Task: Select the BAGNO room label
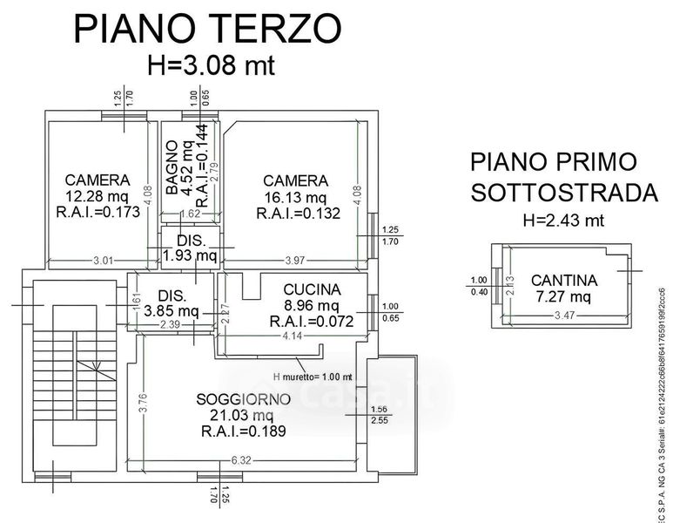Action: (x=172, y=167)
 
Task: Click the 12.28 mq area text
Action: (x=98, y=195)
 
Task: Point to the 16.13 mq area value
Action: (x=295, y=196)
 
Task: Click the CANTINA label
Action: (x=564, y=281)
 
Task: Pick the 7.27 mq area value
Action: (x=564, y=296)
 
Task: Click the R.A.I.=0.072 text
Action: (x=311, y=322)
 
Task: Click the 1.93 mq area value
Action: (x=190, y=255)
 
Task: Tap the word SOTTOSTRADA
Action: (x=563, y=193)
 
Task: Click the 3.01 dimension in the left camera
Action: (x=81, y=261)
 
